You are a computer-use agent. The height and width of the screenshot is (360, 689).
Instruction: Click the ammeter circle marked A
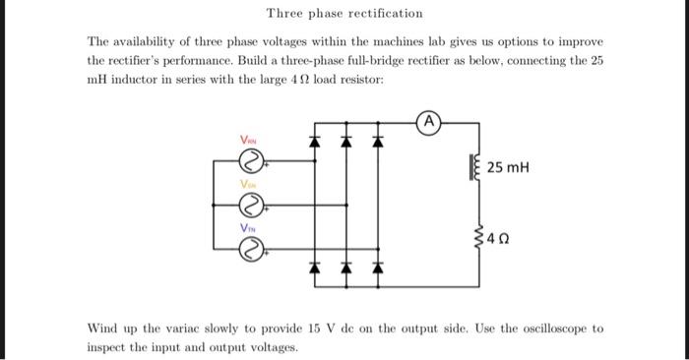point(429,123)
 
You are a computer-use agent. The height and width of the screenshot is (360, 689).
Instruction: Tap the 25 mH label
point(508,168)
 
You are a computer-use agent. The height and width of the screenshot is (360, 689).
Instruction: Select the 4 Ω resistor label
point(502,237)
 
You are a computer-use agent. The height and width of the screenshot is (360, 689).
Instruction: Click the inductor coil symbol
point(477,168)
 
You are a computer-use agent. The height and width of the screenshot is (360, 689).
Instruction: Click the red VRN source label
point(249,141)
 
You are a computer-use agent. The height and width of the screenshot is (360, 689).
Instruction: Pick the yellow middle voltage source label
point(249,184)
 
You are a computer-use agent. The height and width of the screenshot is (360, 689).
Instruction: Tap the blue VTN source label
point(249,228)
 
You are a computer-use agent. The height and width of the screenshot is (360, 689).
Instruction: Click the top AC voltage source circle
point(251,159)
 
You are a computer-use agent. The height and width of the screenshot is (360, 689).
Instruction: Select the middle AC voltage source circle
point(251,205)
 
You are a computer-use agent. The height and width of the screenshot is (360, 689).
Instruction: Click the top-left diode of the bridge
point(316,142)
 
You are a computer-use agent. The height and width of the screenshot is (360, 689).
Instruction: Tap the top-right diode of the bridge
point(375,142)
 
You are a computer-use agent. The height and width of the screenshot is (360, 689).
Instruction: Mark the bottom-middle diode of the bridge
point(345,268)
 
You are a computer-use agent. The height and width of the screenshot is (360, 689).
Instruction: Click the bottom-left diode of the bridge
point(316,268)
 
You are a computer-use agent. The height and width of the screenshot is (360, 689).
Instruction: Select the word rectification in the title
point(383,14)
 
